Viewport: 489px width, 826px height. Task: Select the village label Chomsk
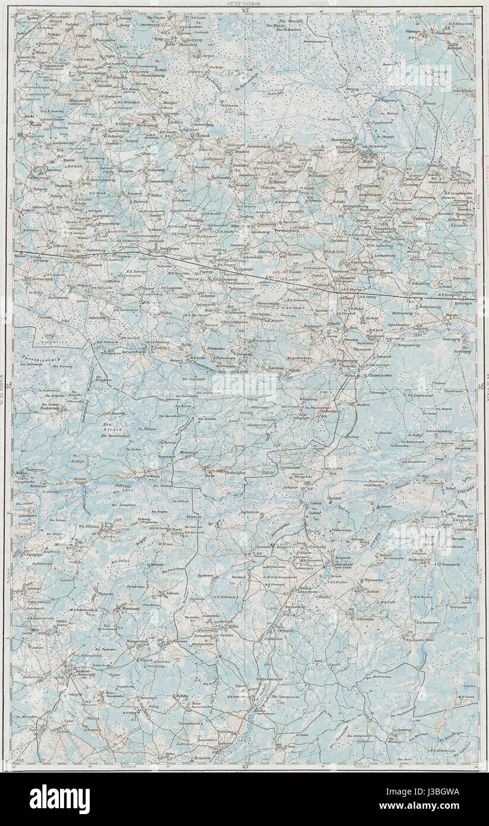tap(202, 136)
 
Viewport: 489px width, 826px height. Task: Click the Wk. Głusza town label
tap(87, 525)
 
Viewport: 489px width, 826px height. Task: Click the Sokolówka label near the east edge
tap(461, 91)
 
